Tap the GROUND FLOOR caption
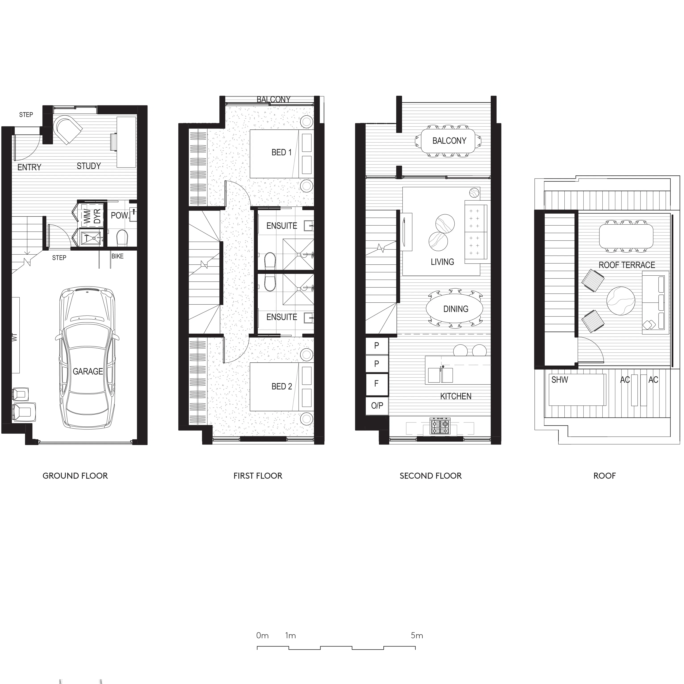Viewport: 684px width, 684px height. [75, 476]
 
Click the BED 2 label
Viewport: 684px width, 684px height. [281, 386]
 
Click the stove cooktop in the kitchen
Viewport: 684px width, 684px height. [440, 426]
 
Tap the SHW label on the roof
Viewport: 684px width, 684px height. [559, 380]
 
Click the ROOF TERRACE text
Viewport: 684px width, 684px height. [627, 265]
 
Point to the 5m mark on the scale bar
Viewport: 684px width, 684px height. [417, 636]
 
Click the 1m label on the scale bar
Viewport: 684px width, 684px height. [290, 636]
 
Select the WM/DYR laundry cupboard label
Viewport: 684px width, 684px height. [92, 216]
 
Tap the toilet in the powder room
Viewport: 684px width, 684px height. [122, 238]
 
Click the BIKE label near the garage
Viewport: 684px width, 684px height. [118, 256]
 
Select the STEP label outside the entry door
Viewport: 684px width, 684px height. [26, 115]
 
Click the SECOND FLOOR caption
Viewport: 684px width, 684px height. [430, 476]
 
